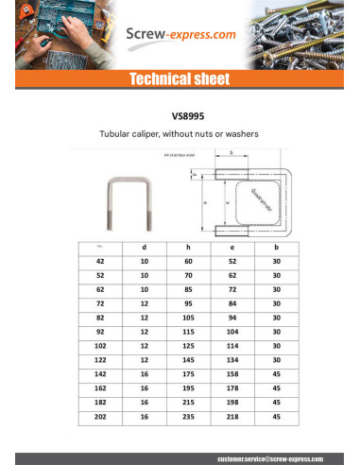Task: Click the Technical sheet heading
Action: (180, 79)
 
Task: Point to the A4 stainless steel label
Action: (179, 154)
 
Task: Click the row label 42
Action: (100, 261)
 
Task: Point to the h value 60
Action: (188, 261)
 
